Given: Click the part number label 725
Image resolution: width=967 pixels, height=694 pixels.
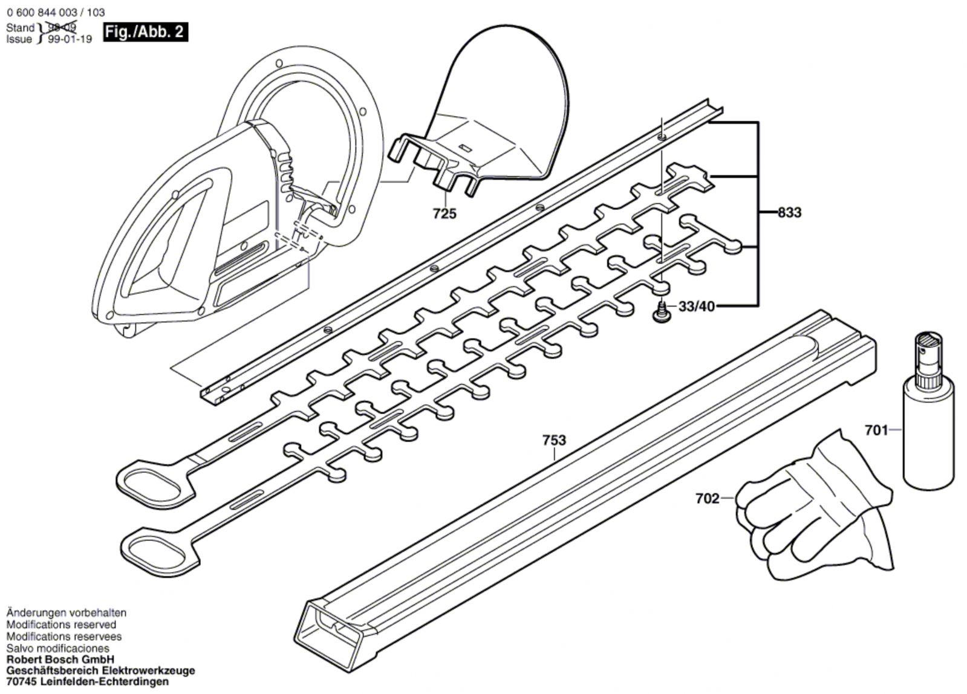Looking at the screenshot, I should (444, 213).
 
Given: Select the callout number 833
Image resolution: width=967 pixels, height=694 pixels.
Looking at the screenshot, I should (789, 212).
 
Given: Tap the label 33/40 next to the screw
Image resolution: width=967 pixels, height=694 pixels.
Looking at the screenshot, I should (696, 306).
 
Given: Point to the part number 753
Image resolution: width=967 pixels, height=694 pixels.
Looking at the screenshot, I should (554, 440).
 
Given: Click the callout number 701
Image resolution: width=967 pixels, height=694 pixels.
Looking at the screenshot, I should (876, 430).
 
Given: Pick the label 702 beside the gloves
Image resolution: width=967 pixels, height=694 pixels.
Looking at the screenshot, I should (707, 499).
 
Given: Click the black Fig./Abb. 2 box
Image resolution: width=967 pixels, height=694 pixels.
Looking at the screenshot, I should (145, 31).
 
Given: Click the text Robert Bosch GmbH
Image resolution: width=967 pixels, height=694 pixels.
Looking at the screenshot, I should (60, 660).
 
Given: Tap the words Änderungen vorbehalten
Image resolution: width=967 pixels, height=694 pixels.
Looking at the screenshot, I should (67, 613).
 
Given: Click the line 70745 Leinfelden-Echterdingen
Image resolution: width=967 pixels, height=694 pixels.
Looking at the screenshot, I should (88, 682).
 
